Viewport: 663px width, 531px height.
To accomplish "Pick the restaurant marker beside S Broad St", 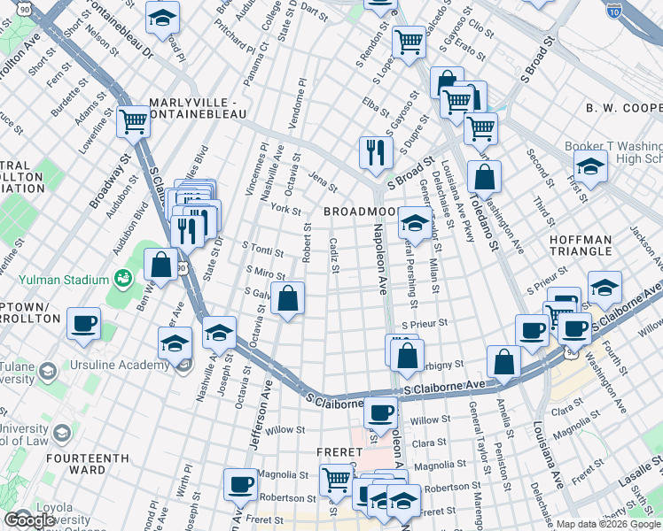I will (x=376, y=151).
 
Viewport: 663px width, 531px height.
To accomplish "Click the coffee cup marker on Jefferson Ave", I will (x=240, y=484).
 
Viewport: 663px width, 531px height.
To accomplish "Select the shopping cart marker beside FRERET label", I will (x=336, y=480).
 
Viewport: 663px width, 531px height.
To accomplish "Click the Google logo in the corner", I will (x=29, y=519).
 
